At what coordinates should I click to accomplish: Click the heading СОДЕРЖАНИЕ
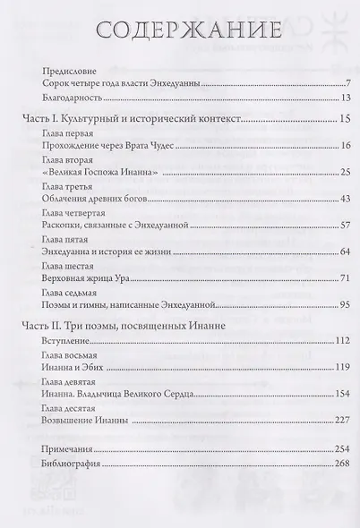pyautogui.click(x=180, y=30)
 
